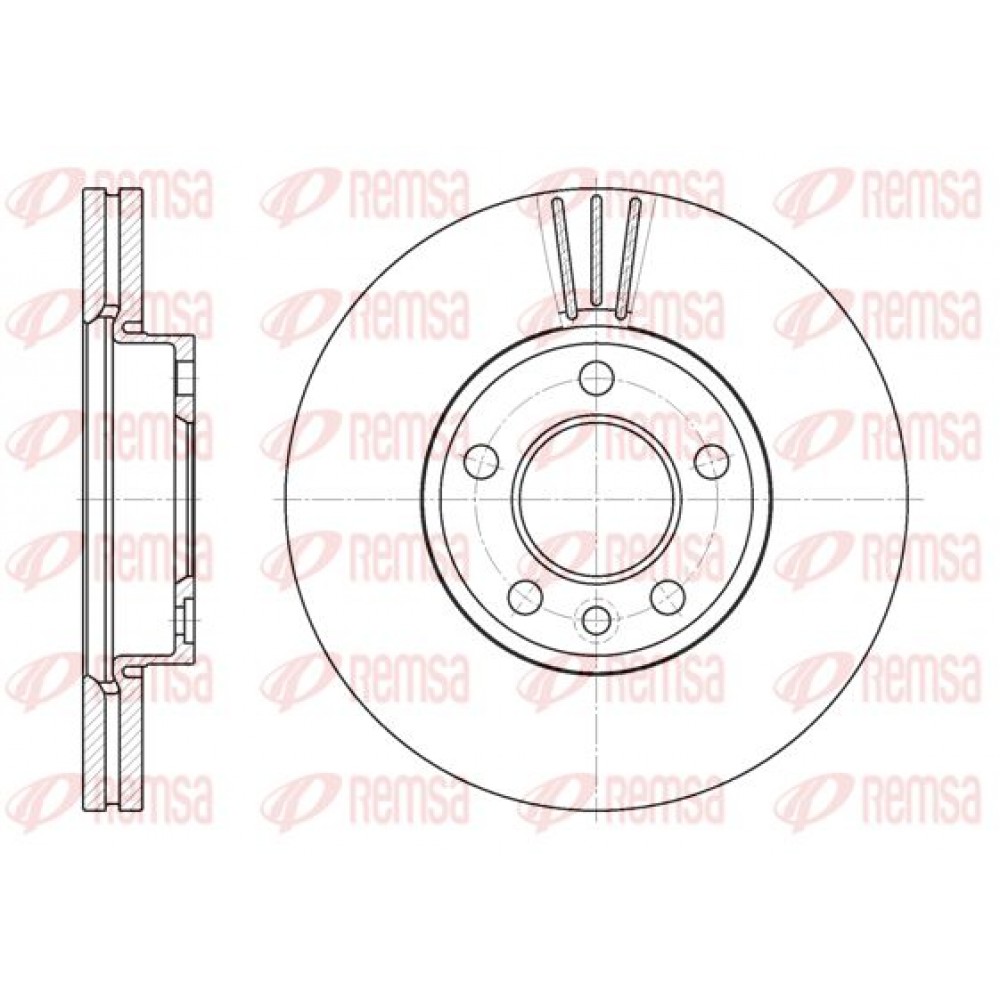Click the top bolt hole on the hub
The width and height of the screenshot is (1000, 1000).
click(x=597, y=378)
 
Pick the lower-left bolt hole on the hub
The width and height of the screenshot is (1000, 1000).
click(x=526, y=596)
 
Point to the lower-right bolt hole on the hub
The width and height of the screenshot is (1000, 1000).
click(x=668, y=596)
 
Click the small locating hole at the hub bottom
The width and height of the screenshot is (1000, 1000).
click(x=597, y=616)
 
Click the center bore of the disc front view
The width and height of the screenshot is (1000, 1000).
click(x=597, y=498)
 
